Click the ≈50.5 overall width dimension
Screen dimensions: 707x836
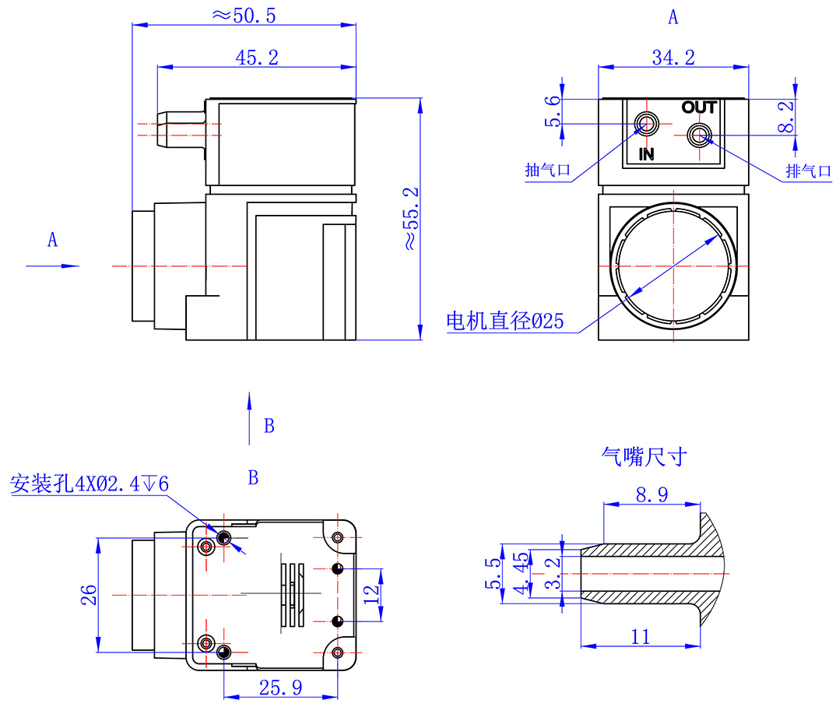pyautogui.click(x=244, y=15)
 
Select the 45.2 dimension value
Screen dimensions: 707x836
pyautogui.click(x=256, y=57)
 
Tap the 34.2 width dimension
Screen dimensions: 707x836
pyautogui.click(x=673, y=57)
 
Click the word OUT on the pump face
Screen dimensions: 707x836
pyautogui.click(x=698, y=107)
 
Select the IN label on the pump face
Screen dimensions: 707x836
pyautogui.click(x=647, y=154)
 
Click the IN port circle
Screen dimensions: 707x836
pyautogui.click(x=646, y=123)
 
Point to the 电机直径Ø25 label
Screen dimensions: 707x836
pyautogui.click(x=504, y=322)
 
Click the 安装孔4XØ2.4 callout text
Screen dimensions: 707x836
pyautogui.click(x=89, y=484)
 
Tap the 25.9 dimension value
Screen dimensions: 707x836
pyautogui.click(x=280, y=687)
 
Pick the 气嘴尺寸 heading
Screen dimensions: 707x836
pyautogui.click(x=644, y=456)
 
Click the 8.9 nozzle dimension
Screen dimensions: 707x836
pyautogui.click(x=652, y=495)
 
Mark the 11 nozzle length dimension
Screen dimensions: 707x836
pyautogui.click(x=640, y=637)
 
